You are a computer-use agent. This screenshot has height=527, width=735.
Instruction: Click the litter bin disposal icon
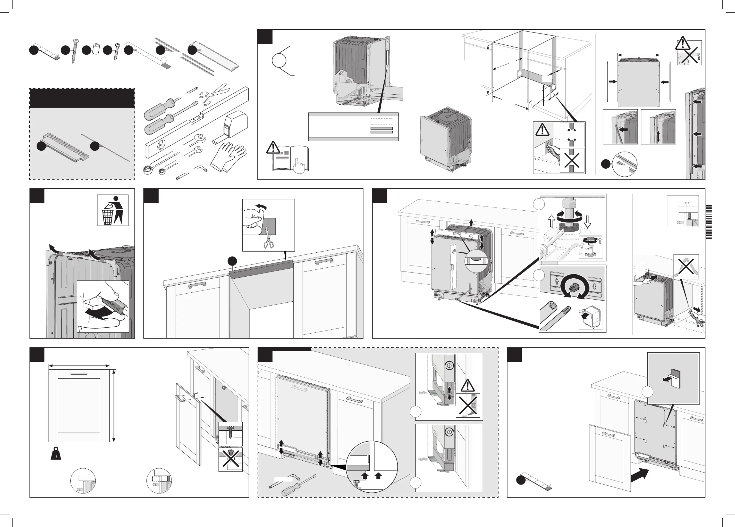(112, 210)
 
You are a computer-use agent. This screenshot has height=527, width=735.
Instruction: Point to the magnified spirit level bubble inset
(476, 260)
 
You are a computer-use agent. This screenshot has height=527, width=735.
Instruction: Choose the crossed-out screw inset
(230, 459)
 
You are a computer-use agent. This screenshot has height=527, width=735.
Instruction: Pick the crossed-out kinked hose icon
(686, 267)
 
